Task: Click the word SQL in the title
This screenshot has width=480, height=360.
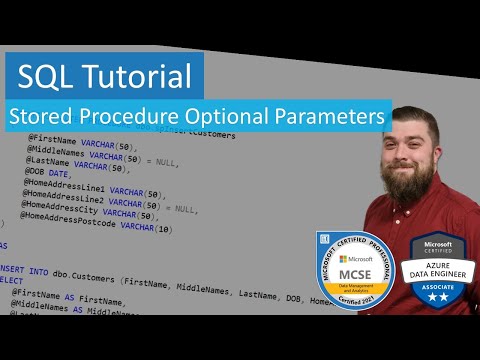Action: click(x=50, y=74)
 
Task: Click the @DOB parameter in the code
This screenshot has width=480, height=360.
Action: click(x=37, y=171)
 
